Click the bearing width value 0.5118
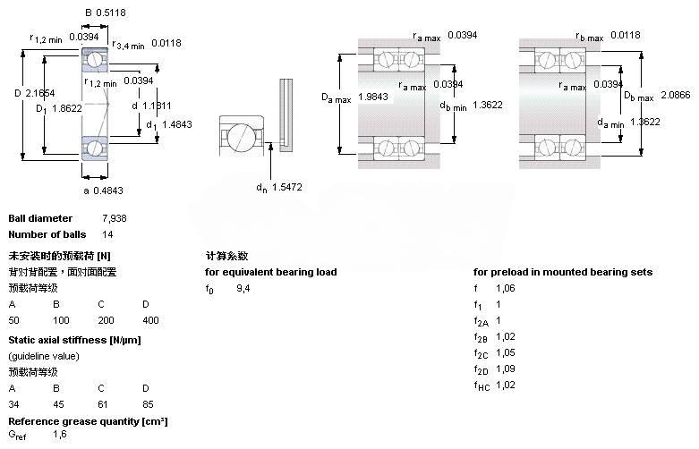coord(112,13)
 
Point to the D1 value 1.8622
coord(65,108)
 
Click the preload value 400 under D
coord(149,320)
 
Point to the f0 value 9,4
coord(243,288)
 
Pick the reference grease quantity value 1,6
coord(59,434)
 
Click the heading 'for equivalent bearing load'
coord(270,272)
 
